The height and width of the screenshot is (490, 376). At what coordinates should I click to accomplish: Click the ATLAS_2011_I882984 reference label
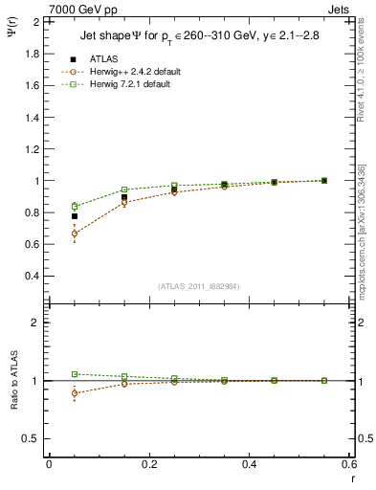click(x=198, y=286)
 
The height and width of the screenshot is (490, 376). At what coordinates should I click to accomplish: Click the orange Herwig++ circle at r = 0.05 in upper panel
click(x=75, y=234)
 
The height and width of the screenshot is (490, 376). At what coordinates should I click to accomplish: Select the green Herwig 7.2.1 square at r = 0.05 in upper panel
click(x=75, y=206)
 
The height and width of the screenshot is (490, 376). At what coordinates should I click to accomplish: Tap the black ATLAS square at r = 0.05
click(x=75, y=216)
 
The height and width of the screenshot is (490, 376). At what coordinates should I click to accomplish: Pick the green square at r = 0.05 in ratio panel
click(x=75, y=374)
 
